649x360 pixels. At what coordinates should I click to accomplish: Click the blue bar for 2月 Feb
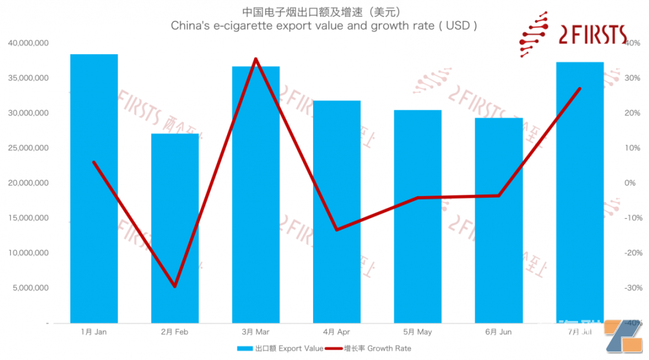[175, 228]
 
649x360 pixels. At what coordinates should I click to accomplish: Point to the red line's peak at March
[255, 59]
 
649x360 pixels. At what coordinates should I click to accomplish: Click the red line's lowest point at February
[175, 286]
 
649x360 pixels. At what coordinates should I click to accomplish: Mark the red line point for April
[337, 230]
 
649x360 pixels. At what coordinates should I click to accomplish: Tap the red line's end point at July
[579, 88]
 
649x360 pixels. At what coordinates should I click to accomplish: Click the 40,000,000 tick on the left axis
[28, 43]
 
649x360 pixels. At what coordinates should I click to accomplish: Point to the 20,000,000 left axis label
[28, 183]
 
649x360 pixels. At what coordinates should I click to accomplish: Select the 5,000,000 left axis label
[30, 288]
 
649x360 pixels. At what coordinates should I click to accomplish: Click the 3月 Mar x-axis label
[255, 332]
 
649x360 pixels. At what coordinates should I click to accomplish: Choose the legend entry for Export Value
[280, 348]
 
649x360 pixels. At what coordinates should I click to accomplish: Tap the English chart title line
[324, 26]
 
